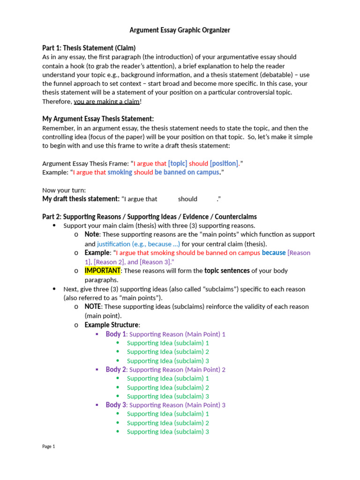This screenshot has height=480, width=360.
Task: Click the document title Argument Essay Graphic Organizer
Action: tap(180, 30)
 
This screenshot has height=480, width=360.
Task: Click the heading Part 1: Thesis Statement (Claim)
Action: tap(89, 48)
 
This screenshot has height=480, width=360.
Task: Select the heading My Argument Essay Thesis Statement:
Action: tap(98, 119)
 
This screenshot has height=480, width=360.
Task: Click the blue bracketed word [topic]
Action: tap(178, 164)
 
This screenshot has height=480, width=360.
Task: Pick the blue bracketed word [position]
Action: tap(224, 164)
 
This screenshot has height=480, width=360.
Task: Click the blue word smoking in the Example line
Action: tap(120, 172)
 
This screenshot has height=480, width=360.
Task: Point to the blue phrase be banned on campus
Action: tap(187, 172)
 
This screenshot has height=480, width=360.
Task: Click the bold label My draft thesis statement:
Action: tap(81, 199)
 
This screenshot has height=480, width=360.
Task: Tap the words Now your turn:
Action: tap(64, 190)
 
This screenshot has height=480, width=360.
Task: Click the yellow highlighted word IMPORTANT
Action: tap(103, 271)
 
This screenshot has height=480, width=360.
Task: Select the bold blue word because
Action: tap(273, 253)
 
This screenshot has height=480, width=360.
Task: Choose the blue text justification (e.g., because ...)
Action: tap(138, 244)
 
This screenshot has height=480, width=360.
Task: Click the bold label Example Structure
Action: tap(111, 325)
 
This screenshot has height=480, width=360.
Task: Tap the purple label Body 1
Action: tap(116, 334)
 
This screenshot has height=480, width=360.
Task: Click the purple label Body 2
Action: tap(116, 369)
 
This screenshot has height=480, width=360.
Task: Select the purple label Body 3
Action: tap(116, 405)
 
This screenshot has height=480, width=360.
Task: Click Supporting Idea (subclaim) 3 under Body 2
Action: tap(168, 396)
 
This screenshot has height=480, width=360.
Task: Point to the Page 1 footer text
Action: tap(49, 447)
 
